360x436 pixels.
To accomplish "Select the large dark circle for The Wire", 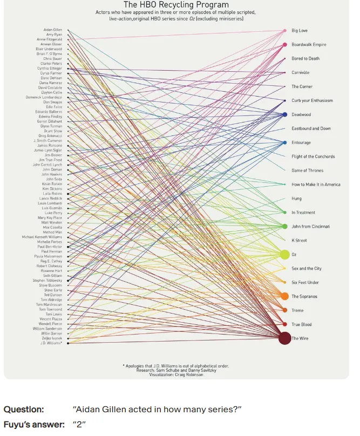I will (x=284, y=338).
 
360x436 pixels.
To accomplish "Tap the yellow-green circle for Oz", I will (x=284, y=254).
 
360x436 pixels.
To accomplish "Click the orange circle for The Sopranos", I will (x=284, y=296).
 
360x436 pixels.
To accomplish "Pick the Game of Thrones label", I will (x=308, y=171).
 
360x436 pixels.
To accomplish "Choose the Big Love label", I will (x=300, y=31).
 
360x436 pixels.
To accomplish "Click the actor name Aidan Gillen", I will (x=53, y=30).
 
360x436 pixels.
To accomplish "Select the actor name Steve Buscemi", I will (x=52, y=285).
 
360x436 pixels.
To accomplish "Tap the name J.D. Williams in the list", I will (x=51, y=343).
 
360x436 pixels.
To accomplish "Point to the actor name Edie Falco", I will (x=55, y=107).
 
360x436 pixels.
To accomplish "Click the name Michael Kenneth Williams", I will (x=42, y=237).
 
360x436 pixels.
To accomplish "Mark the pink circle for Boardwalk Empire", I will (x=284, y=45).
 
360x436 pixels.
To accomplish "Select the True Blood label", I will (x=302, y=324).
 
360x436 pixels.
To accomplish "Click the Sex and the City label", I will (x=307, y=268).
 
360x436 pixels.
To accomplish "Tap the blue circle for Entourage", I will (x=284, y=142).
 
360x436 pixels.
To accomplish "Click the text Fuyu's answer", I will (x=26, y=424).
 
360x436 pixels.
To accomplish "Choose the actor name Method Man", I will (x=53, y=232).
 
